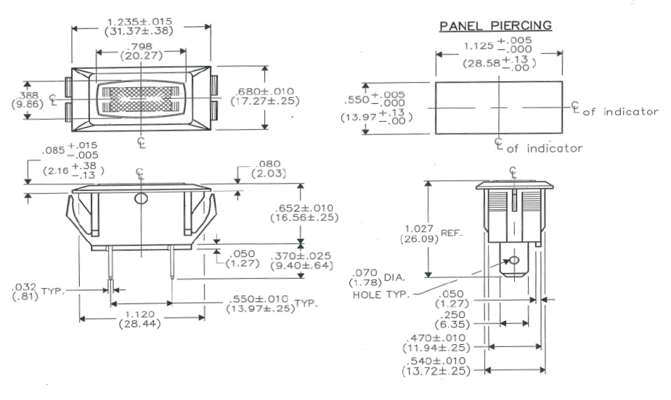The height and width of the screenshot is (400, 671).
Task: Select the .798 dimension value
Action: [x=141, y=47]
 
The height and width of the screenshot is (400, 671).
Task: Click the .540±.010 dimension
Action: [x=439, y=366]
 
